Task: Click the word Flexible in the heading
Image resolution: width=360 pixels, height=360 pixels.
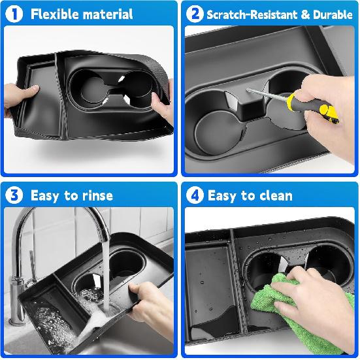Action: tap(55, 14)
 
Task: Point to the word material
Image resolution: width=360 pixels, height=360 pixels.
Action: tap(108, 14)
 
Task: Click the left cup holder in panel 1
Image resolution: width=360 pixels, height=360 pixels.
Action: tap(88, 88)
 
